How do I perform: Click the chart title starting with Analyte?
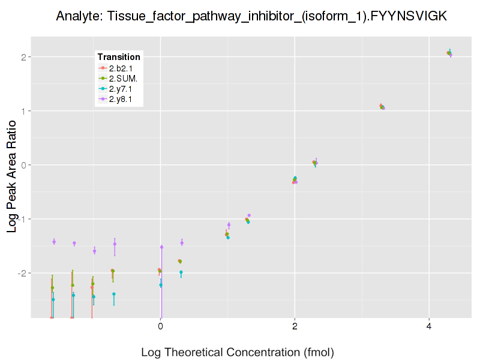coord(251,16)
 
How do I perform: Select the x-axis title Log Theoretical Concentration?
coord(237,352)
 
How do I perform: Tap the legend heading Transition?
coord(119,57)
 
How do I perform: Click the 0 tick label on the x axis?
coord(160,326)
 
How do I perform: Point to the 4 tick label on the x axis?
coord(429,326)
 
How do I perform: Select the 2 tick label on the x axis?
coord(295,326)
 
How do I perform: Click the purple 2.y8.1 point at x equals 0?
coord(161,247)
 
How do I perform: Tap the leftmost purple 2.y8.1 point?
coord(54,242)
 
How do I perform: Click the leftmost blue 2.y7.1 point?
coord(53,299)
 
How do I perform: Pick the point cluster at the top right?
coord(449,53)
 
